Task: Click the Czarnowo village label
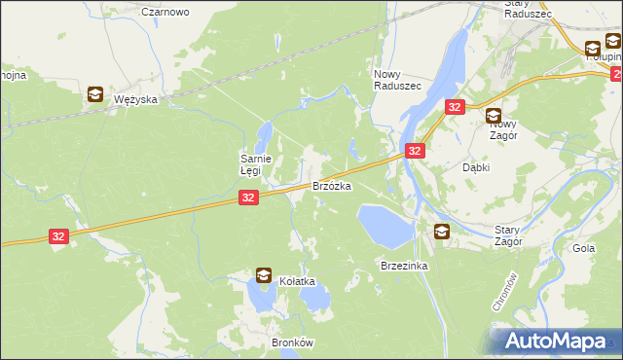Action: click(x=165, y=12)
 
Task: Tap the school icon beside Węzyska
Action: click(x=95, y=94)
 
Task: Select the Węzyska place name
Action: click(x=136, y=99)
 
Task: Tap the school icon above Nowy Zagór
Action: click(x=494, y=116)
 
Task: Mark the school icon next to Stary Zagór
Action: click(x=442, y=231)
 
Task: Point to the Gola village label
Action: click(x=584, y=248)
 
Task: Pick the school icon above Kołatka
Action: click(x=264, y=275)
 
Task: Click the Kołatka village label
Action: click(x=299, y=281)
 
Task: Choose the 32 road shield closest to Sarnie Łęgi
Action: click(x=248, y=198)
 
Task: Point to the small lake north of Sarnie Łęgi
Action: click(x=265, y=133)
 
